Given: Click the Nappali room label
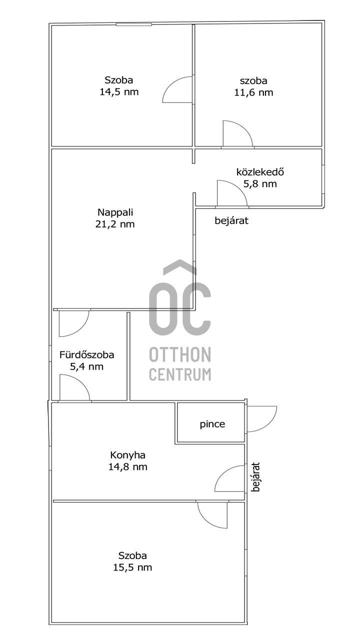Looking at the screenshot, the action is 115,212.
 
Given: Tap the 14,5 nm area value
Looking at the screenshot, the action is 119,92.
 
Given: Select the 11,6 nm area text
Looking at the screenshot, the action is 253,92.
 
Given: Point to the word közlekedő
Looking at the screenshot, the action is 260,172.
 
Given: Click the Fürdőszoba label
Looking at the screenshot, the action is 87,355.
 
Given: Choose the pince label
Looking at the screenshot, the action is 212,424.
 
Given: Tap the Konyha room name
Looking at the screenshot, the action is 127,455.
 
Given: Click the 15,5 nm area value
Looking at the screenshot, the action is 132,567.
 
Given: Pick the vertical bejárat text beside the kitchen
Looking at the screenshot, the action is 256,477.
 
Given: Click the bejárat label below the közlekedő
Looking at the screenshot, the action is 231,220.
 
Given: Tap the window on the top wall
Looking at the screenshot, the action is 133,24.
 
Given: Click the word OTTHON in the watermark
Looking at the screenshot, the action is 180,354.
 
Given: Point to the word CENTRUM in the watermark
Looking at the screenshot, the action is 180,374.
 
